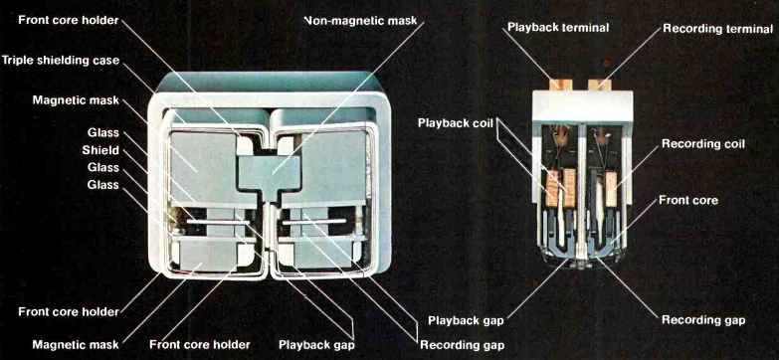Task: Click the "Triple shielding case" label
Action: (60, 60)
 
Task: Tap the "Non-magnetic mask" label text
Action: (360, 21)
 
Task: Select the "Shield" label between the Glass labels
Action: (100, 150)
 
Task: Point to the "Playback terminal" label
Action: (558, 27)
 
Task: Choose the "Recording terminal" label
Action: (718, 29)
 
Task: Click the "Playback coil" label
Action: (456, 122)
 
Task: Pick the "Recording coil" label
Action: (703, 144)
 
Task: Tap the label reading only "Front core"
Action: (688, 200)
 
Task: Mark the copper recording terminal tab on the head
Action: (599, 85)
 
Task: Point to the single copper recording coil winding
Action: (611, 189)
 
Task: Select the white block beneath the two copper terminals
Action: (582, 106)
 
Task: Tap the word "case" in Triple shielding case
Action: (106, 61)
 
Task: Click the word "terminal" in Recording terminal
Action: (747, 29)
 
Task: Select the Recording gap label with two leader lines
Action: (462, 345)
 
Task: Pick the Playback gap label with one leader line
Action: (466, 320)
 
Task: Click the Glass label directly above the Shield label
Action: (103, 132)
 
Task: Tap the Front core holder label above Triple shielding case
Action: (68, 20)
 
